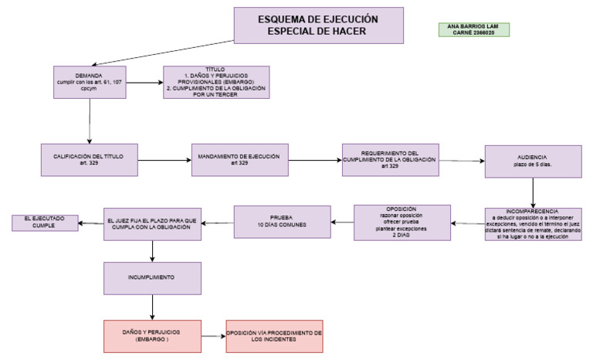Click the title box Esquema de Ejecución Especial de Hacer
coord(318,25)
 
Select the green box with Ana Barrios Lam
coord(473,29)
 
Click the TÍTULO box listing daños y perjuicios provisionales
coord(216,81)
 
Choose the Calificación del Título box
coord(90,161)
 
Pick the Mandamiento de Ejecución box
coord(240,161)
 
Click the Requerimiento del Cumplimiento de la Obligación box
coord(390,161)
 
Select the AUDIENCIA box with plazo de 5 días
coord(533,161)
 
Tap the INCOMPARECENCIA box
coord(533,223)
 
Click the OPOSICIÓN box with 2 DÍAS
coord(402,222)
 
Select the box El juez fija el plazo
coord(152,223)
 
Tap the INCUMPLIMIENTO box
coord(152,277)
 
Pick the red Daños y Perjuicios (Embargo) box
coord(152,336)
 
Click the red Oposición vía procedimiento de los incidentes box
coord(274,336)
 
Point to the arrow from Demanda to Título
coord(144,80)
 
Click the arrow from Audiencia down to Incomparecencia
coord(533,192)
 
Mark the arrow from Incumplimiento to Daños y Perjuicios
coord(152,307)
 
